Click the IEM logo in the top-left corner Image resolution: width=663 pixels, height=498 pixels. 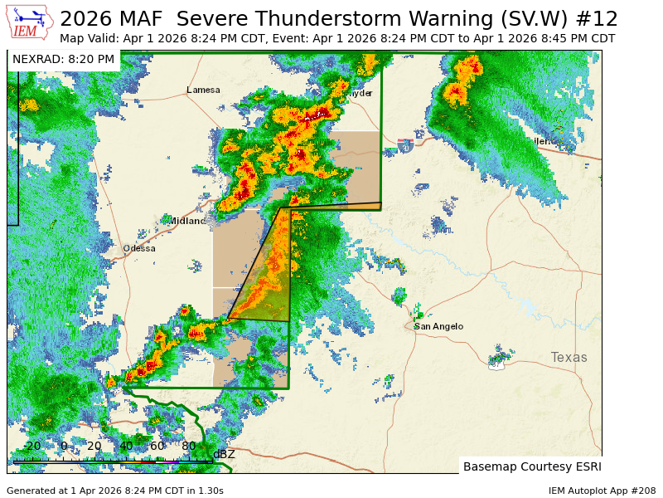coord(29,22)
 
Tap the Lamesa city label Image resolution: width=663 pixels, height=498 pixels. coord(203,90)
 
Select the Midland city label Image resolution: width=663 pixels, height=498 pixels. coord(187,221)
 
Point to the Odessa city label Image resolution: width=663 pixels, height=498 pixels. coord(139,248)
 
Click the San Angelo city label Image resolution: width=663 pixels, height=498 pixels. coord(438,326)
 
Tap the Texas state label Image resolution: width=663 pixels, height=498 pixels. coord(569,357)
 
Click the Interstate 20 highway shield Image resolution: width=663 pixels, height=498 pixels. coord(405,146)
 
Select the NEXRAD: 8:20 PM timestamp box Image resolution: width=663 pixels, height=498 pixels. coord(64,59)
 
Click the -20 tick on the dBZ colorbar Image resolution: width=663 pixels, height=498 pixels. coord(31,447)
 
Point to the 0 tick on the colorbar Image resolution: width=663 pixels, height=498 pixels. coord(64,447)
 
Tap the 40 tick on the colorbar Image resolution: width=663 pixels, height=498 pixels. coord(126,447)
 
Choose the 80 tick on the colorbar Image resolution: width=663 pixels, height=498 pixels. coord(188,447)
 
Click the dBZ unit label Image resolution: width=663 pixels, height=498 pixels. coord(224,454)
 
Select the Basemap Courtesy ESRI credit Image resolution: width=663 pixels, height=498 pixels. coord(531,466)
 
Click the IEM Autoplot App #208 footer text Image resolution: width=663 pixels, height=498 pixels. coord(602,491)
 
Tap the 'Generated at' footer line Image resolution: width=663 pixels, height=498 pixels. coord(115,491)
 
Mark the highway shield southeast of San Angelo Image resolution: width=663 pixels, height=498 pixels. coord(496,364)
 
